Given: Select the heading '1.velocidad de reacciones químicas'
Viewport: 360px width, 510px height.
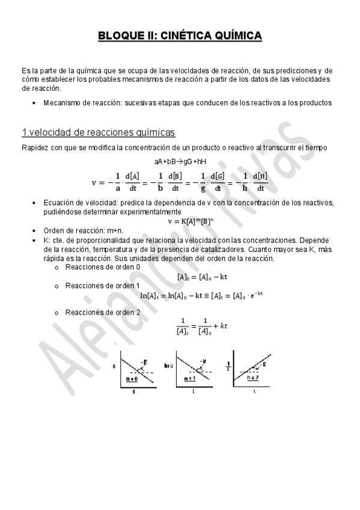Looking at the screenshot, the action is tap(98, 132).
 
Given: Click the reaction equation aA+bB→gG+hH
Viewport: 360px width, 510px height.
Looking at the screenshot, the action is tap(180, 161).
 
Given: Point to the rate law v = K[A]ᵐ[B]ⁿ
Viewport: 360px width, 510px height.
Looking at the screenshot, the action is tap(180, 221).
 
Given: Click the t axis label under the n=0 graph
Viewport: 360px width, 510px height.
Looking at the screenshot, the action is tap(133, 391).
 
